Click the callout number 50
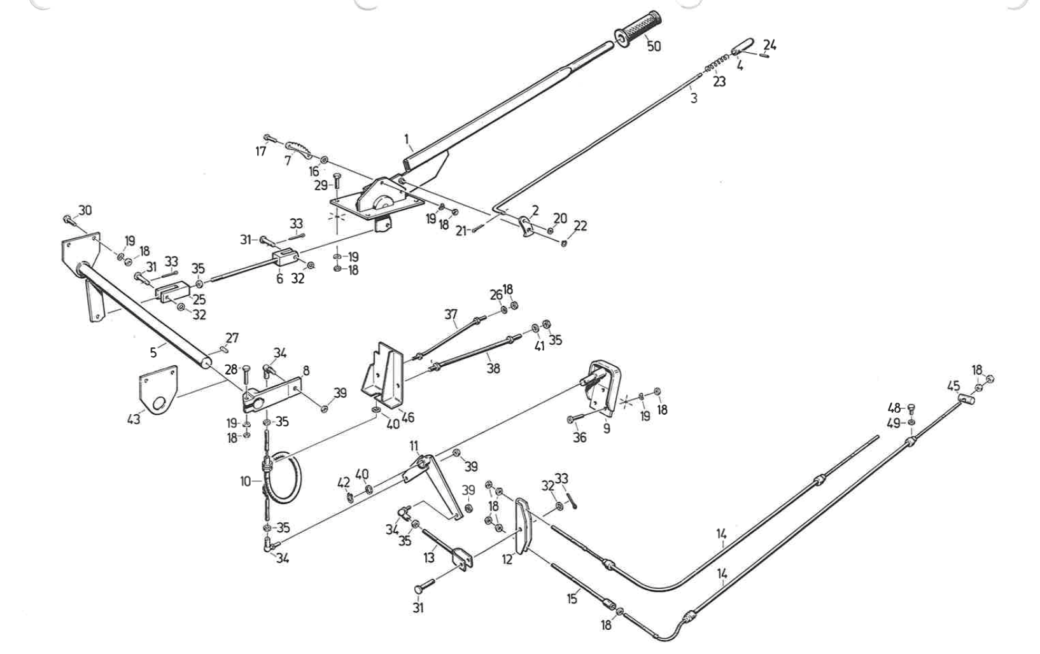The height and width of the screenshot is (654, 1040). pyautogui.click(x=654, y=46)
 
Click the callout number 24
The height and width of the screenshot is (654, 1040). pyautogui.click(x=769, y=45)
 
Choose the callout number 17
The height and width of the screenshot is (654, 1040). pyautogui.click(x=260, y=151)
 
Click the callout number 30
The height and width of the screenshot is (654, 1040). pyautogui.click(x=85, y=210)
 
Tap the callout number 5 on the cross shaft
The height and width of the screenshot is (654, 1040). pyautogui.click(x=153, y=352)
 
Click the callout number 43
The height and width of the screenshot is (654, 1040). pyautogui.click(x=134, y=419)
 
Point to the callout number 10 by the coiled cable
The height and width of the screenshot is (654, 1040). pyautogui.click(x=246, y=481)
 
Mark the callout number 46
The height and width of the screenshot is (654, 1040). pyautogui.click(x=408, y=417)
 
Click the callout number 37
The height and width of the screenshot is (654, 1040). pyautogui.click(x=451, y=314)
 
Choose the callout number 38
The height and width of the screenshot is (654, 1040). pyautogui.click(x=493, y=368)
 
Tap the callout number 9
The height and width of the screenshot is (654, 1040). pyautogui.click(x=607, y=428)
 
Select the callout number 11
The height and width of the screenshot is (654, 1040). pyautogui.click(x=414, y=445)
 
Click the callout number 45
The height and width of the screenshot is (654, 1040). pyautogui.click(x=953, y=386)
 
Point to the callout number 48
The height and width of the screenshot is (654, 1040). pyautogui.click(x=894, y=408)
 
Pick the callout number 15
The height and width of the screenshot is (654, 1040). pyautogui.click(x=572, y=598)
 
